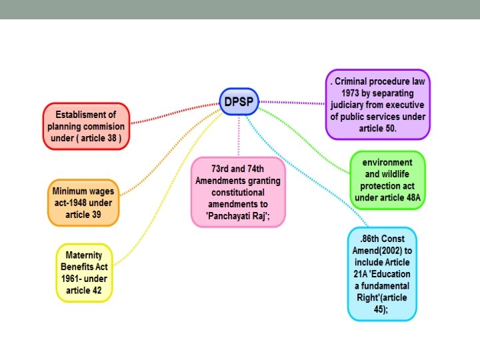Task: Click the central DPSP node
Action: (239, 101)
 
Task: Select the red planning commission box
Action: (87, 126)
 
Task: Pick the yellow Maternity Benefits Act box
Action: (83, 272)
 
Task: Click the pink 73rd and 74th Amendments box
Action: (238, 192)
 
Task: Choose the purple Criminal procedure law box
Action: (378, 105)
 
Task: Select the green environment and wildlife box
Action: (387, 180)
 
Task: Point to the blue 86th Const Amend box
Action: (382, 273)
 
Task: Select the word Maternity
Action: (83, 255)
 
